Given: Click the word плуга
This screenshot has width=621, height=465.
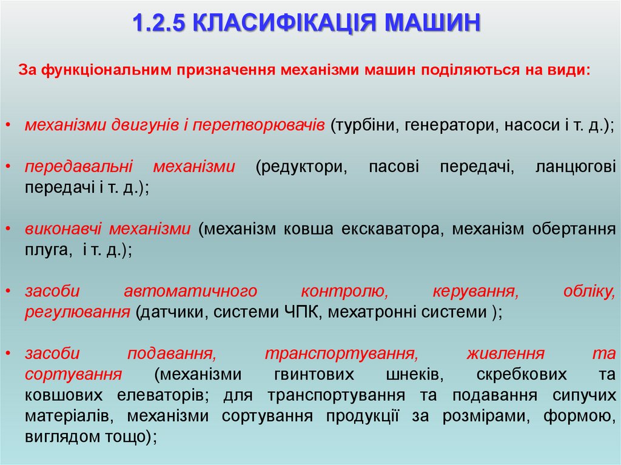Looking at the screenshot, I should pos(45,250).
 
